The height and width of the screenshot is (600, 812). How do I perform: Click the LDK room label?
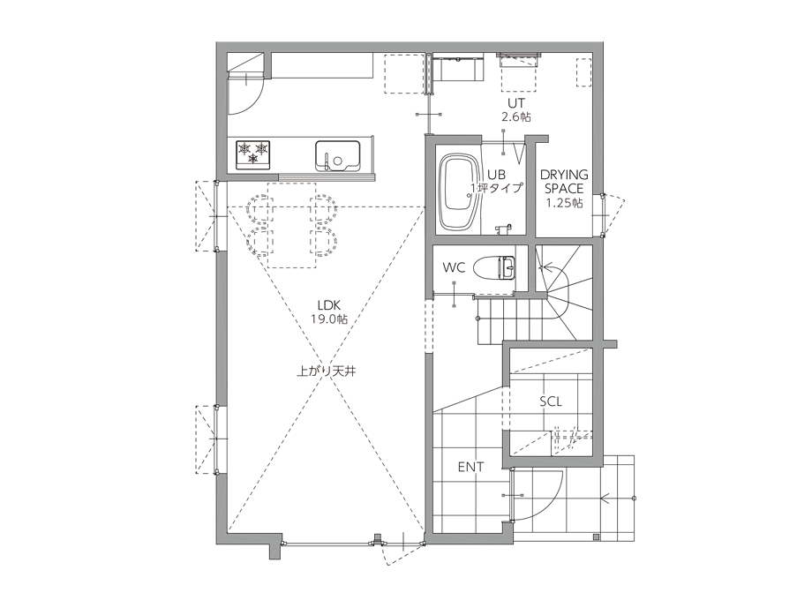[x=329, y=305]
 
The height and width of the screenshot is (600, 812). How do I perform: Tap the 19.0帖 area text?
[x=329, y=319]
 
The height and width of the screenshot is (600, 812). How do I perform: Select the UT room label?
[x=515, y=103]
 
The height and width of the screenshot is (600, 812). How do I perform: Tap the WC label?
[x=454, y=267]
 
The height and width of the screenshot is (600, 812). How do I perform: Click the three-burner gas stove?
[x=253, y=154]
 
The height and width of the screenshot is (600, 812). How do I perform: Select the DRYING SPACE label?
[x=564, y=182]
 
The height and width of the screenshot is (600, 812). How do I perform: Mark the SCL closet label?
[x=551, y=401]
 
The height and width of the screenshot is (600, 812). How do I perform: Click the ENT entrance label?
[x=470, y=467]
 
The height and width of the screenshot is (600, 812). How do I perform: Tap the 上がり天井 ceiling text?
[x=327, y=371]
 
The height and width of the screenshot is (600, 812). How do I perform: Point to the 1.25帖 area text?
[x=564, y=202]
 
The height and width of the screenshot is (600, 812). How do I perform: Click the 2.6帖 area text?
[x=515, y=117]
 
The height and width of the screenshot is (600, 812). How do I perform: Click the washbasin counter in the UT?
[x=458, y=67]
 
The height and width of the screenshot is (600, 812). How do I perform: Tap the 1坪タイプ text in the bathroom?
[x=497, y=188]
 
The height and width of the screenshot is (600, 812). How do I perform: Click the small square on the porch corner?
[x=597, y=536]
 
